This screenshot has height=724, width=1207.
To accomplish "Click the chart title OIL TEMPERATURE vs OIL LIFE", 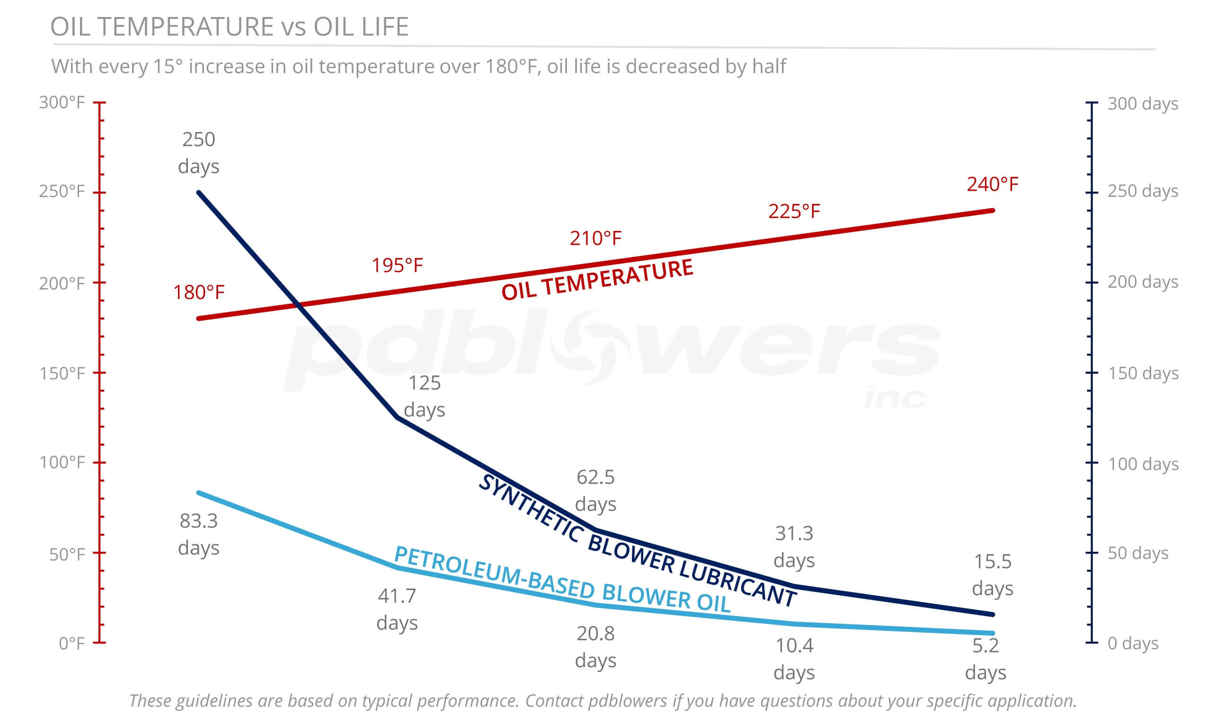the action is coord(229,26).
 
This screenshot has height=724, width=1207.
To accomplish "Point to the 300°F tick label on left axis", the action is coord(62,103).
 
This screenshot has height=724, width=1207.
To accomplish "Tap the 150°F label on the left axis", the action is coord(62,373).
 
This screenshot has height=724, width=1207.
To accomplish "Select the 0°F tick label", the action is coord(72,644).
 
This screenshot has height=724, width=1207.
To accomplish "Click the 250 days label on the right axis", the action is coord(1143,191).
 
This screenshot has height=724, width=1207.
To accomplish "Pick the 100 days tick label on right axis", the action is coord(1143,463).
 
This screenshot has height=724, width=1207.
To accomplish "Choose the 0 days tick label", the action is coord(1133,644).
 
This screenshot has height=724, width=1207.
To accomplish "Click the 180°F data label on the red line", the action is coord(199,292).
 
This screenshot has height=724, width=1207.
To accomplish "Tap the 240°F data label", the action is coord(993,185).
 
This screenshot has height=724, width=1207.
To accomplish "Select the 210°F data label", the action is coord(596,238).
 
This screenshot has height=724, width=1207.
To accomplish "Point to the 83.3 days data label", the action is coord(199,534).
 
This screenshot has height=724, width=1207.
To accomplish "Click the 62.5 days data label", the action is coord(596,490).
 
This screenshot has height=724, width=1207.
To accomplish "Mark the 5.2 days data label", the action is coord(985,659).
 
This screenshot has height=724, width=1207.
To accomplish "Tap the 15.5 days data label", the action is coord(993,575).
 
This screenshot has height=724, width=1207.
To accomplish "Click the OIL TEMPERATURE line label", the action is coord(597,280).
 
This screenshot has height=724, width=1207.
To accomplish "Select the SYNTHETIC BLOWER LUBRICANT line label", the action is coord(637,540).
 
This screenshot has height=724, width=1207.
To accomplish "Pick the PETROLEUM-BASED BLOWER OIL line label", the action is coord(562,579).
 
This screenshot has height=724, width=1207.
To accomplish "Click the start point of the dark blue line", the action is coord(199,193).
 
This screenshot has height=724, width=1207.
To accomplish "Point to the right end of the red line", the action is coord(993,211).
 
